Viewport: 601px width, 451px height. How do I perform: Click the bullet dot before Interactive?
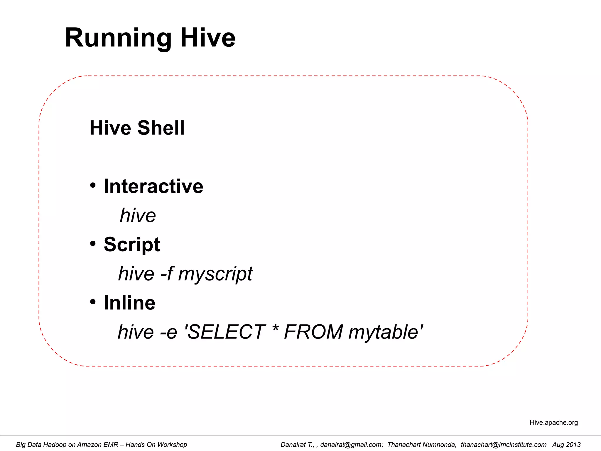click(93, 185)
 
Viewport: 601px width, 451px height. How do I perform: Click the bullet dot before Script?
click(93, 243)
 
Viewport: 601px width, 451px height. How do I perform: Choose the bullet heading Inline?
click(129, 303)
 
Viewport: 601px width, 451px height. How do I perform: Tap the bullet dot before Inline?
click(93, 302)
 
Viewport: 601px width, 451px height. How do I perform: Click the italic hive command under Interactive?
click(138, 216)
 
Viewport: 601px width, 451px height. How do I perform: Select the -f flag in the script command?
click(167, 274)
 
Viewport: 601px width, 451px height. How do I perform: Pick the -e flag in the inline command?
click(168, 332)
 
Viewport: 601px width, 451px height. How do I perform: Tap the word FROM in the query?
click(313, 332)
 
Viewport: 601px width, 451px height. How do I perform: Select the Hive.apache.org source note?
click(553, 423)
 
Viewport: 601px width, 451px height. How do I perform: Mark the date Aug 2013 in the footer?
click(566, 445)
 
